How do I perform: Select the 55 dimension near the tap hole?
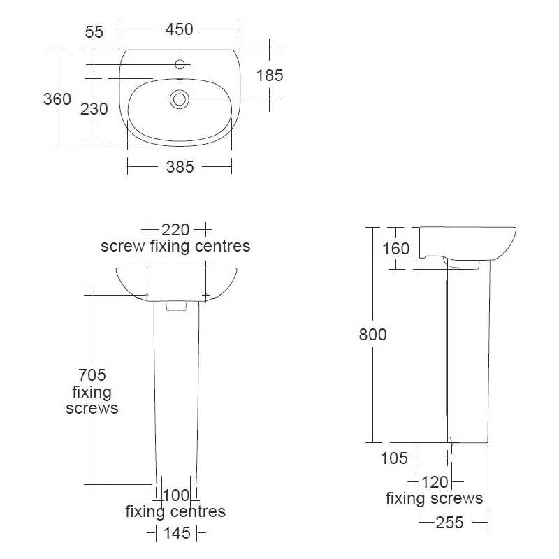[x=94, y=31]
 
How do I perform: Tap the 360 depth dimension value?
[x=57, y=99]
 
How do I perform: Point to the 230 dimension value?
[x=94, y=109]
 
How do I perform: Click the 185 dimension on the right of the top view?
[x=269, y=75]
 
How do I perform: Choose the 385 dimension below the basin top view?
[x=179, y=167]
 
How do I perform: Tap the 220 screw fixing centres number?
[x=176, y=229]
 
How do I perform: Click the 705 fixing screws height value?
[x=92, y=376]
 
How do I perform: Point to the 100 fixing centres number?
[x=176, y=495]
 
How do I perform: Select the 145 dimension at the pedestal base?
[x=176, y=533]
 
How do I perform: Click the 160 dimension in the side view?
[x=396, y=249]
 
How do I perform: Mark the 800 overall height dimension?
[x=372, y=335]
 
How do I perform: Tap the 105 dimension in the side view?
[x=395, y=458]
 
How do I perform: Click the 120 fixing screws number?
[x=435, y=481]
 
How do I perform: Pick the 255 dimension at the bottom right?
[x=452, y=522]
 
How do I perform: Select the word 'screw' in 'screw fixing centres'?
[x=123, y=246]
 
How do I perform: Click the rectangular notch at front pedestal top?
[x=176, y=305]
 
